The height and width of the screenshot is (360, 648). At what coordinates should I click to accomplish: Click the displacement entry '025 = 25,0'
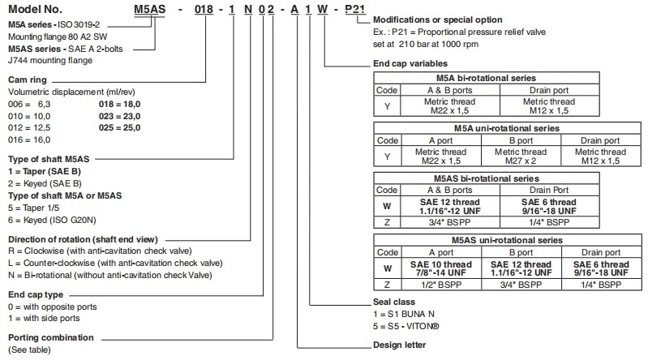pyautogui.click(x=119, y=127)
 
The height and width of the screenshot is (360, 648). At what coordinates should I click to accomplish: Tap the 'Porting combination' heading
pyautogui.click(x=51, y=337)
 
